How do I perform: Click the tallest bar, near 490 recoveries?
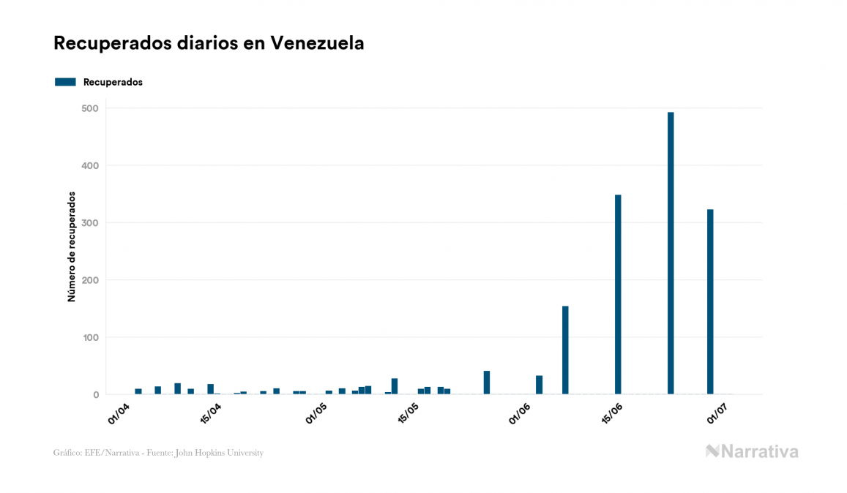(x=671, y=253)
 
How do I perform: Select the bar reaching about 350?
(x=618, y=294)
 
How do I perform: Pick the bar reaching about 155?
(x=565, y=350)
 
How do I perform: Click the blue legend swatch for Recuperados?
(x=65, y=82)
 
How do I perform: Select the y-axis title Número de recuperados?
(x=72, y=246)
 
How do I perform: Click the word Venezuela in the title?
(x=317, y=43)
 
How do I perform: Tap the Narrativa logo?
(x=752, y=451)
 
